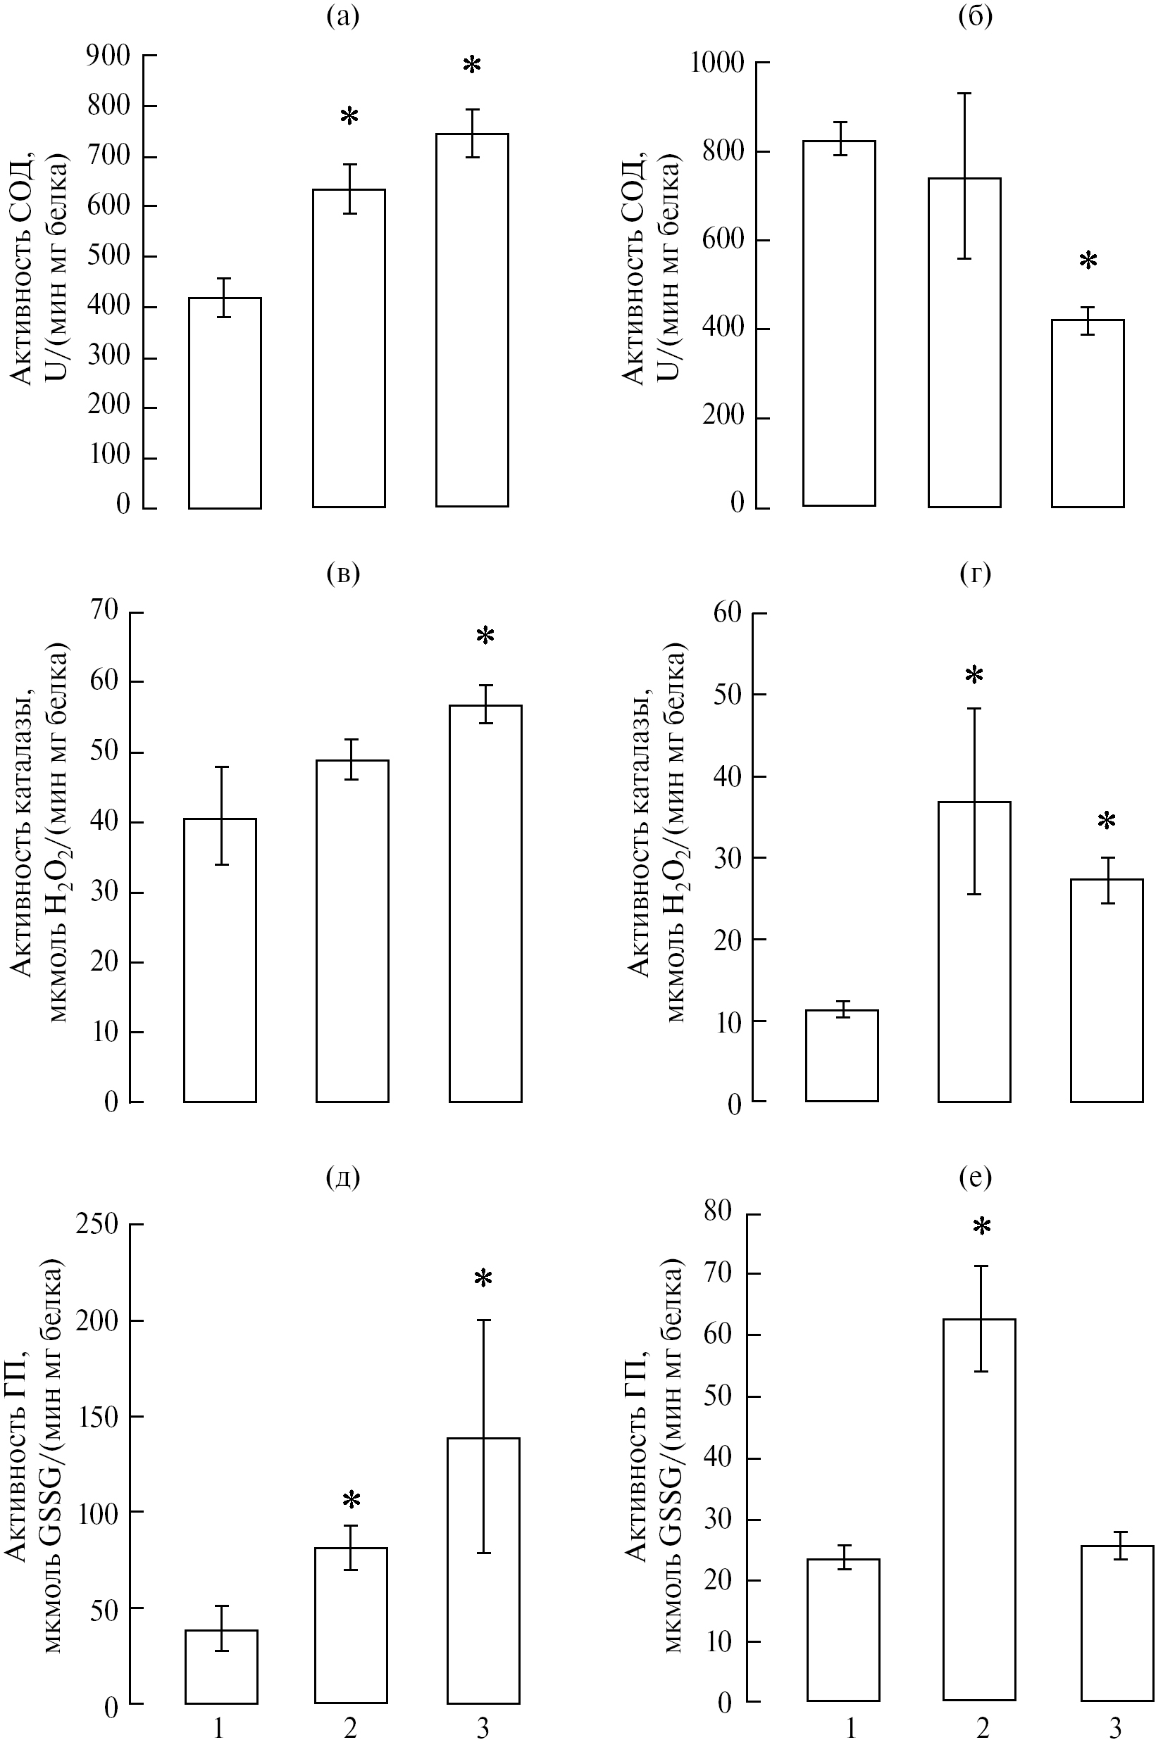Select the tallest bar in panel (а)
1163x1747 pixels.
(472, 320)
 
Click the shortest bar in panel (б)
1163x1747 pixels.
(1088, 413)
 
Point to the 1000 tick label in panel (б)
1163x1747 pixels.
(716, 63)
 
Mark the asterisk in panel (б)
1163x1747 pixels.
(1088, 262)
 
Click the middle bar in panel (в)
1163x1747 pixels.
(352, 931)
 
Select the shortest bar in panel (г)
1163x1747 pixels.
(842, 1056)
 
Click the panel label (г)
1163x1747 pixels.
(975, 573)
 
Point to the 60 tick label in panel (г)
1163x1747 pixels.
(728, 613)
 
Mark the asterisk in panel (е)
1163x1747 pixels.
(981, 1228)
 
